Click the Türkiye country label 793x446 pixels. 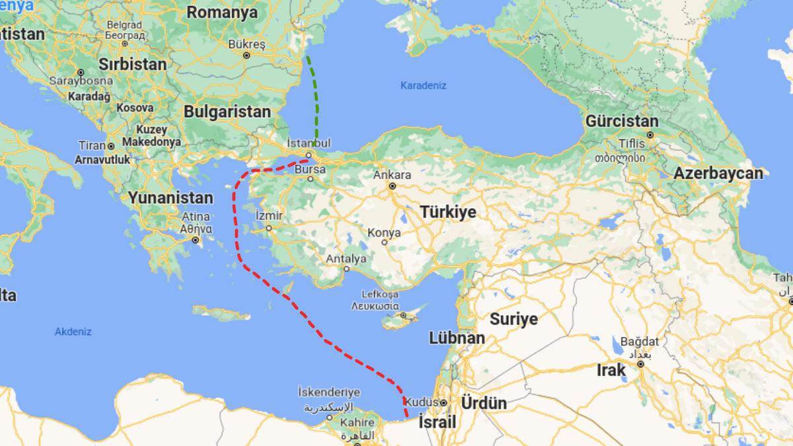click(448, 212)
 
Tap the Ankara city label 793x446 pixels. click(392, 175)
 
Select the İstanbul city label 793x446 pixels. click(309, 143)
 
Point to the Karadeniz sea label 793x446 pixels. click(424, 85)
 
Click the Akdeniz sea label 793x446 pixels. click(73, 332)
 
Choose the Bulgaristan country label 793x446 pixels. click(227, 112)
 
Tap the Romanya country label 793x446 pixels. click(221, 12)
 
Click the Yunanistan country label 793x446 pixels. click(170, 198)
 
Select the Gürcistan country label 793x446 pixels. click(622, 122)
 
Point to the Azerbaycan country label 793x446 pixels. click(718, 174)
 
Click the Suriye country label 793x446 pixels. click(513, 319)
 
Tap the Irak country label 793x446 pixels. click(611, 370)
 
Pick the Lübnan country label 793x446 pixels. click(457, 338)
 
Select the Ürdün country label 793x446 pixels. click(484, 403)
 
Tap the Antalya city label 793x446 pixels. click(345, 258)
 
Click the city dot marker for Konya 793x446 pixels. click(384, 242)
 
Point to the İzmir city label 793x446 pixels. click(269, 216)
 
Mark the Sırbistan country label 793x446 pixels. click(132, 64)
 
